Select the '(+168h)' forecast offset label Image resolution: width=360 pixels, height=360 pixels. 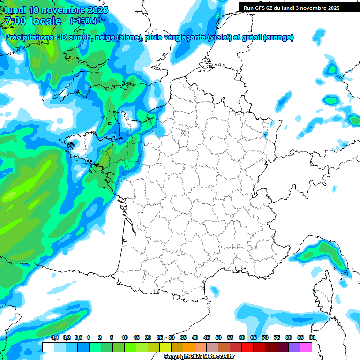83,21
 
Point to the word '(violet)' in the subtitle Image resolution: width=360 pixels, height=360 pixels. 221,37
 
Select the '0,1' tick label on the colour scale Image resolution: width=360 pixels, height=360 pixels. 55,337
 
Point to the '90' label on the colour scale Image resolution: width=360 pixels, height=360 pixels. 312,337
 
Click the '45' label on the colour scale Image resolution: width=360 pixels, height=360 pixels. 207,337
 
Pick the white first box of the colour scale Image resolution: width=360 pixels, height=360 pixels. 48,347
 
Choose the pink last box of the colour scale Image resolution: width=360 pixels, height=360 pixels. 306,347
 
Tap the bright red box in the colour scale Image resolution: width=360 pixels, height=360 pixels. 247,347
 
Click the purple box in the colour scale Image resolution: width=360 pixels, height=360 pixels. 294,347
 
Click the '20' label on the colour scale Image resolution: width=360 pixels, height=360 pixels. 148,337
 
